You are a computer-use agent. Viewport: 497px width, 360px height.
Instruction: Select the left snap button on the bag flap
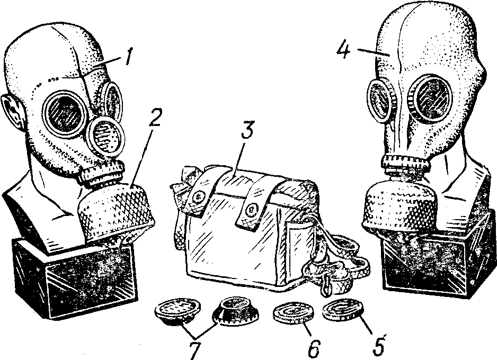point(200,197)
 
